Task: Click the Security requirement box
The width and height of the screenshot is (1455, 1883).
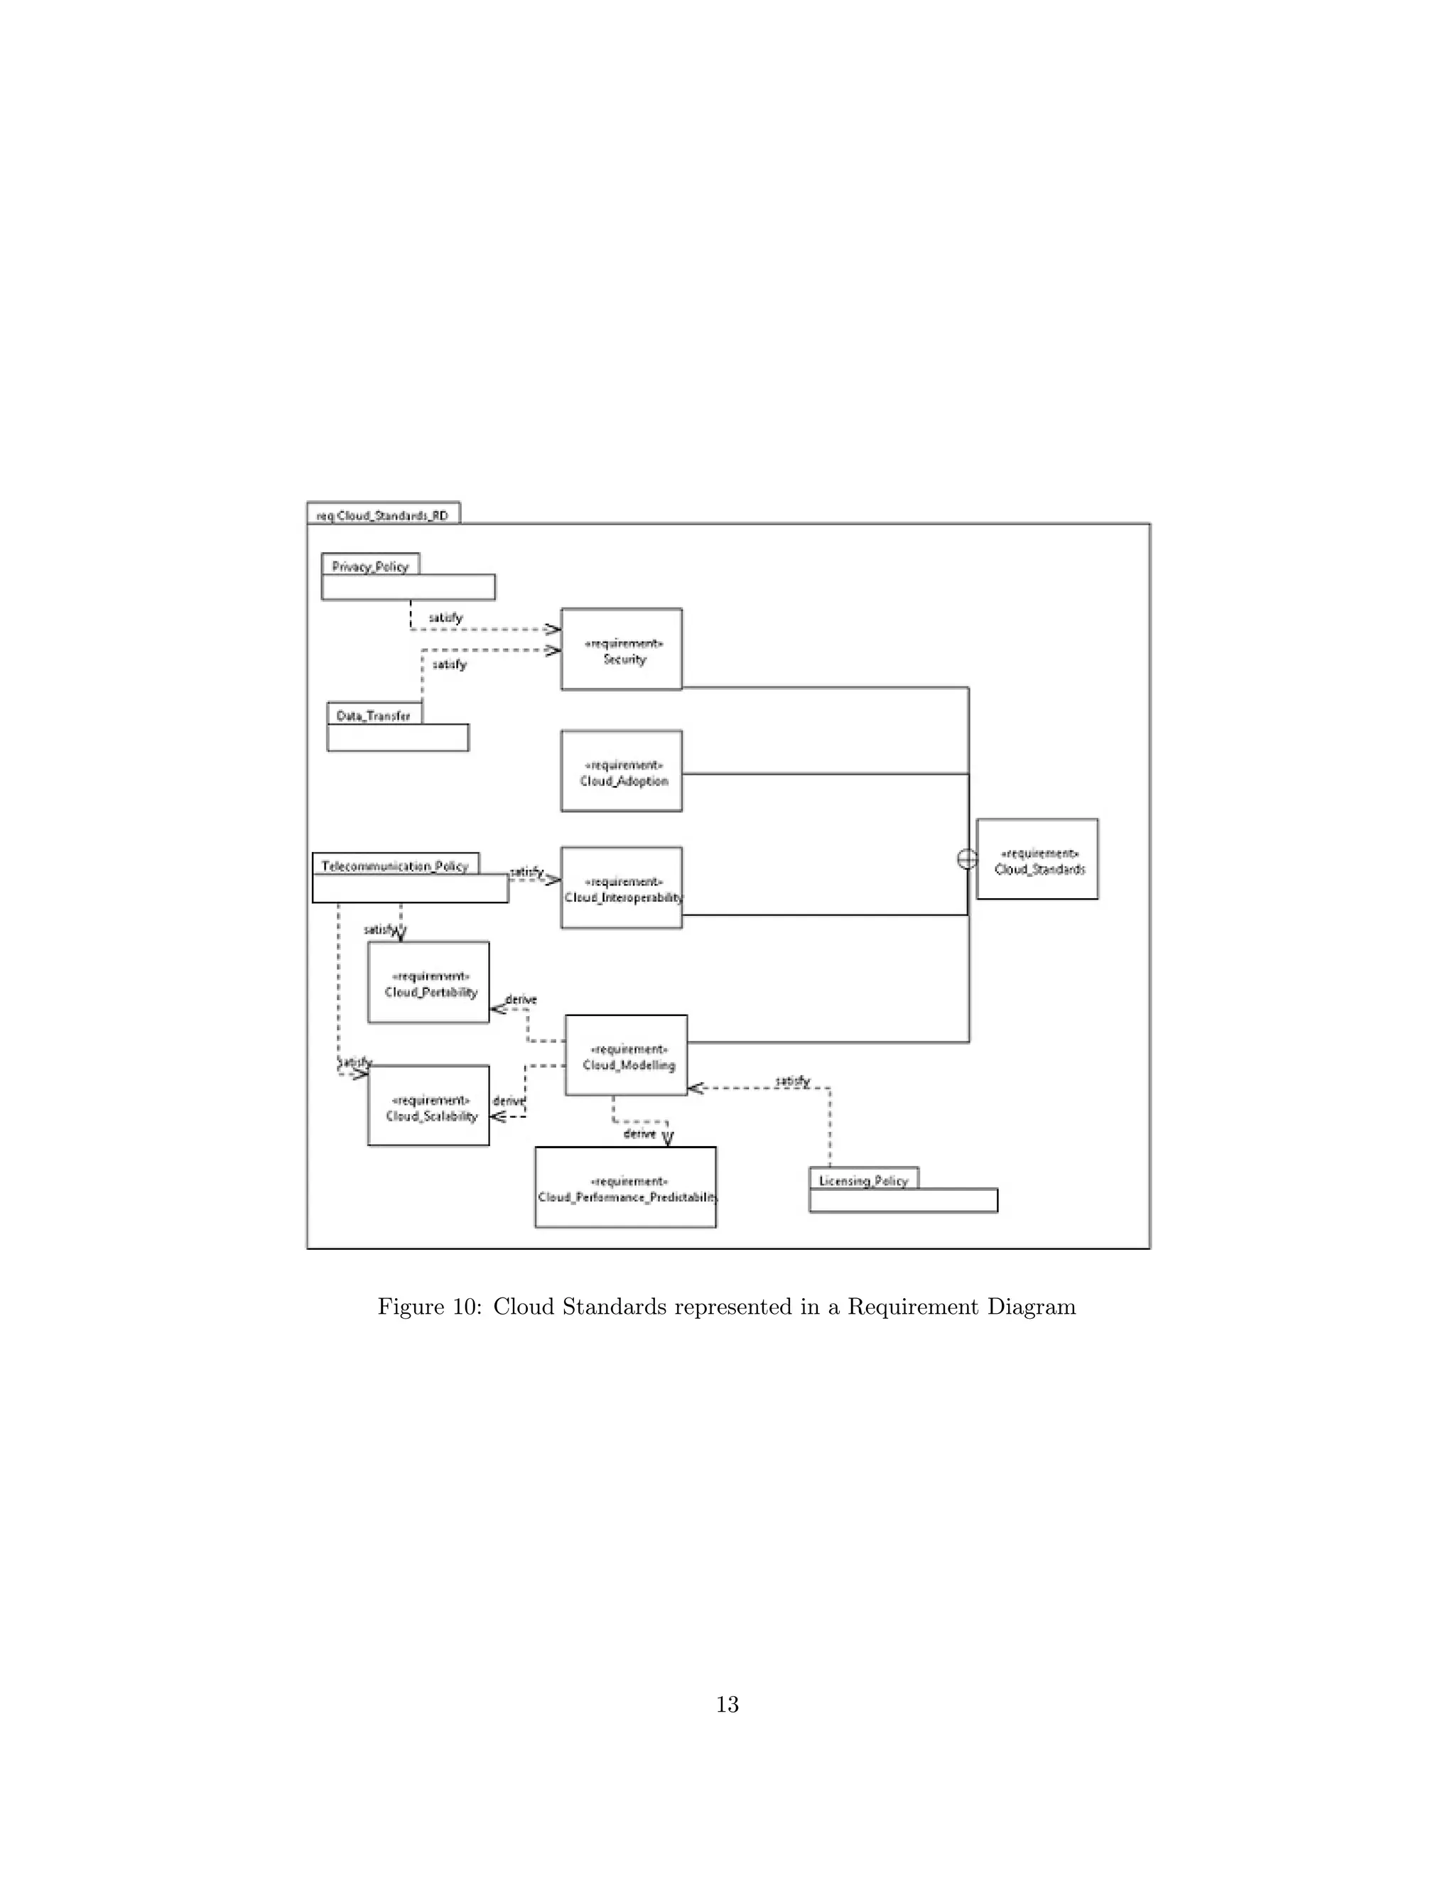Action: tap(621, 649)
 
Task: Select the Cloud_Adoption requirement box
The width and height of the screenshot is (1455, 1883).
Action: tap(621, 771)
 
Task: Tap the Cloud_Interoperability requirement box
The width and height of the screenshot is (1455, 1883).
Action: tap(621, 887)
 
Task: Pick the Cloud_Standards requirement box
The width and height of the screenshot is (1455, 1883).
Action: tap(1037, 860)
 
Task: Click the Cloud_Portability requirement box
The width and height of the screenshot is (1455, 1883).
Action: tap(428, 982)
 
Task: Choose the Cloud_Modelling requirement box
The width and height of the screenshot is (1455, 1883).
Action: tap(626, 1055)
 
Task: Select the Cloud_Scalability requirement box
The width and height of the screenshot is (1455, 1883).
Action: tap(428, 1106)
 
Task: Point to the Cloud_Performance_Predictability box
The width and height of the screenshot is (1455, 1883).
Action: tap(625, 1187)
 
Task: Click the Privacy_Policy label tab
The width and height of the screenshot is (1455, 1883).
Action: tap(371, 566)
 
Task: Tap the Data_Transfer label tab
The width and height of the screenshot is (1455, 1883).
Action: tap(374, 716)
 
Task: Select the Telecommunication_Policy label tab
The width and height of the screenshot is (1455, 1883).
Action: tap(395, 865)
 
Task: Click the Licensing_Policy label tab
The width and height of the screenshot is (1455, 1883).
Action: tap(864, 1180)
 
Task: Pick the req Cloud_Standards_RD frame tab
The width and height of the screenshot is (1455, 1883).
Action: tap(383, 514)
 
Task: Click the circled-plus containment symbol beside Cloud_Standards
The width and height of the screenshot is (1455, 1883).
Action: tap(967, 859)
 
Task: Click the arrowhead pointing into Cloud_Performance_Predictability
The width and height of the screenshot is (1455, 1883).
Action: tap(668, 1139)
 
